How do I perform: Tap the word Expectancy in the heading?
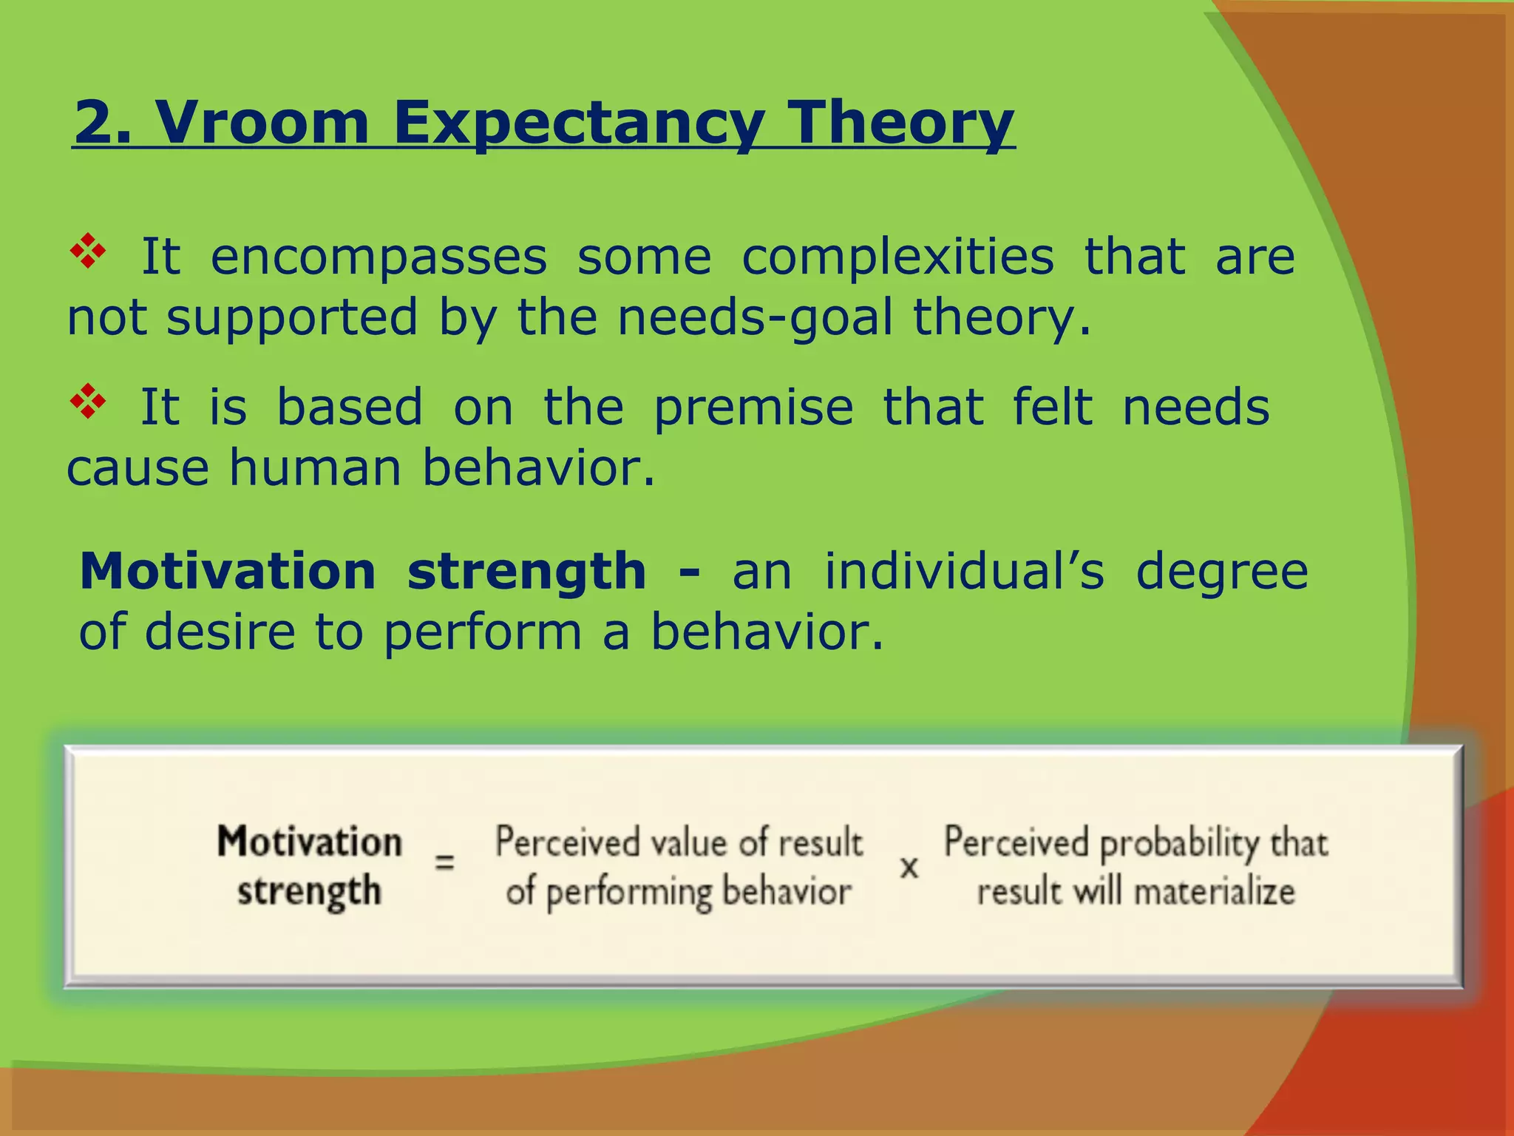click(x=577, y=124)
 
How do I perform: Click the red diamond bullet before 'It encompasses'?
click(x=88, y=251)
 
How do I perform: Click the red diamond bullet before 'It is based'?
click(x=88, y=402)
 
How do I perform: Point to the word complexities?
click(x=897, y=257)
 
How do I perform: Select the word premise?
click(x=753, y=408)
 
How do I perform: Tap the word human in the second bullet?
click(x=315, y=468)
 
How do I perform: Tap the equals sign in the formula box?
click(x=444, y=862)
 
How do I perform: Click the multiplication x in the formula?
click(x=909, y=867)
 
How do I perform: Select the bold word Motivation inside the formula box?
click(x=310, y=842)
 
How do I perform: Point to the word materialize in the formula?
click(x=1214, y=891)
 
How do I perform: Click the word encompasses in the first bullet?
click(x=378, y=257)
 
